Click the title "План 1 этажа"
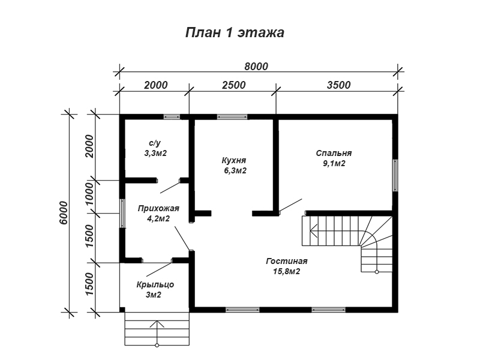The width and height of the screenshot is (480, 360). [x=235, y=32]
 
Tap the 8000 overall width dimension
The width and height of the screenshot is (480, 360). [x=256, y=67]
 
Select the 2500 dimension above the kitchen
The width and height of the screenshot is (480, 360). [x=234, y=85]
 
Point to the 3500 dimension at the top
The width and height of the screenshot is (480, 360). [x=338, y=85]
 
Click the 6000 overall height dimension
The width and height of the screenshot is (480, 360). [x=64, y=213]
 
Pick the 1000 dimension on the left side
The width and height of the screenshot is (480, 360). [x=89, y=195]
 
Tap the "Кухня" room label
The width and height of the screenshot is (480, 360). [x=234, y=160]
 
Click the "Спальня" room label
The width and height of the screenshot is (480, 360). [x=334, y=153]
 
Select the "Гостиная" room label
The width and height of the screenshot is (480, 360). [x=287, y=261]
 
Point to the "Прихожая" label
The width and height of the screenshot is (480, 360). [x=158, y=208]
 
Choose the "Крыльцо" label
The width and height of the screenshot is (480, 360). [x=155, y=284]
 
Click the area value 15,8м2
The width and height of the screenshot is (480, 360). [x=287, y=272]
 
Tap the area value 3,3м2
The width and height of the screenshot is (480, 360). [x=155, y=153]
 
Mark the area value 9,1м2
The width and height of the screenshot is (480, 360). [x=334, y=164]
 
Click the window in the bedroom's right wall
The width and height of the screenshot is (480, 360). [x=395, y=175]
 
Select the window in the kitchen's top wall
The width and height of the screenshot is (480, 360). [x=232, y=116]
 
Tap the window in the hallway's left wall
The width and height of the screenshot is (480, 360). [x=122, y=214]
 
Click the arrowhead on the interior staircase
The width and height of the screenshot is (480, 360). [x=313, y=230]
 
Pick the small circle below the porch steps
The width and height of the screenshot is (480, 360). [x=157, y=346]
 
